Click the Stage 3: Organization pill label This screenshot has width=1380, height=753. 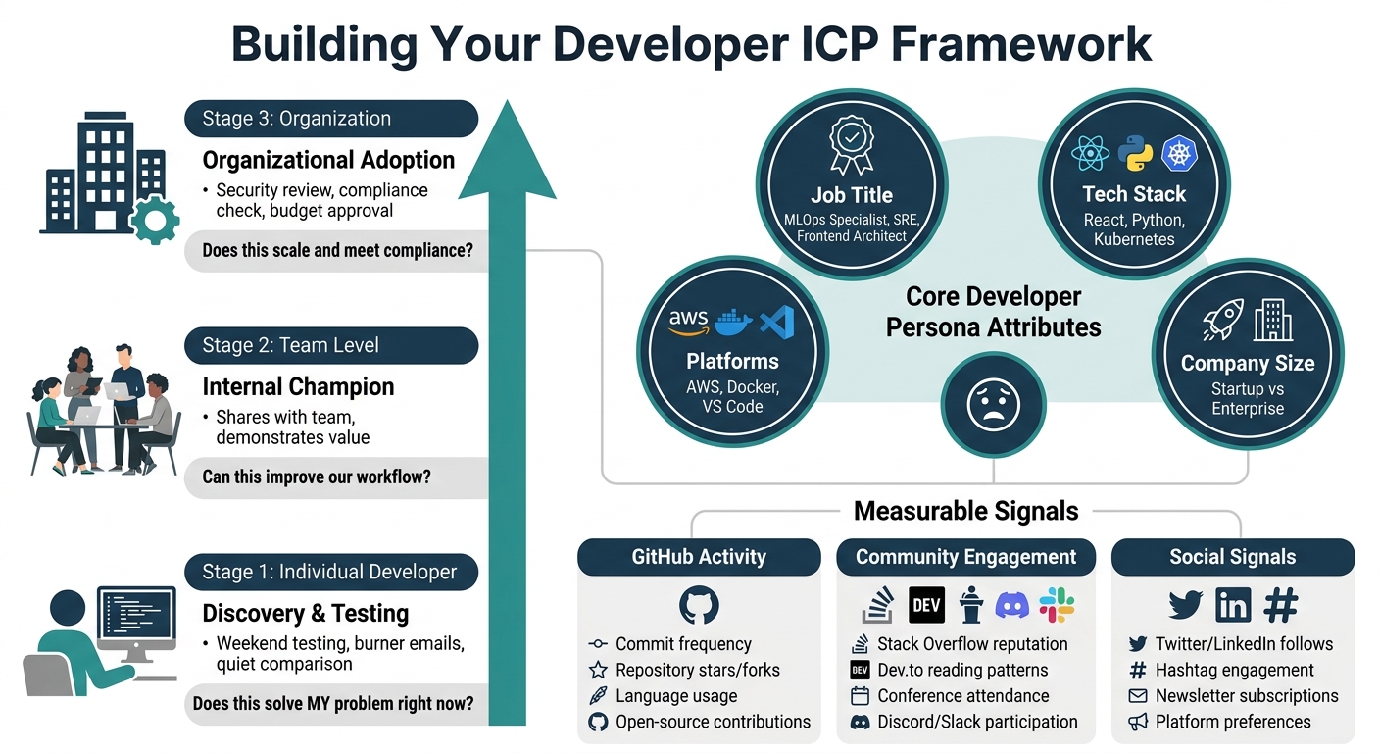[330, 119]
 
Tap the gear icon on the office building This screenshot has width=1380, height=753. [154, 220]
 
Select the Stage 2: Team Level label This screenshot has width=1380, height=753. [330, 345]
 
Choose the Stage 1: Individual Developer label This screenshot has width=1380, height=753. [330, 572]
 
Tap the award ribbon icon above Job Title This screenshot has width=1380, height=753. [851, 144]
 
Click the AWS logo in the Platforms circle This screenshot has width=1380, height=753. [689, 321]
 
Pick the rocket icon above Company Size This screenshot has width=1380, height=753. [1222, 321]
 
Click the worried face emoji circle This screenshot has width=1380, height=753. [993, 404]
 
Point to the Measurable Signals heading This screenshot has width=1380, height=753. [965, 511]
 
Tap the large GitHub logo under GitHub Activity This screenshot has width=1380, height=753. [699, 605]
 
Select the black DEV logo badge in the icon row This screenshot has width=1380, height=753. [926, 605]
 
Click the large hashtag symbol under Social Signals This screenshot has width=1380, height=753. [1280, 605]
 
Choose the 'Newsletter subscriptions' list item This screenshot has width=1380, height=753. [1246, 696]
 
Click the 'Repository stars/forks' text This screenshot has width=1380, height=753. [697, 671]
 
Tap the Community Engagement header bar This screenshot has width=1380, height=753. [965, 557]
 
